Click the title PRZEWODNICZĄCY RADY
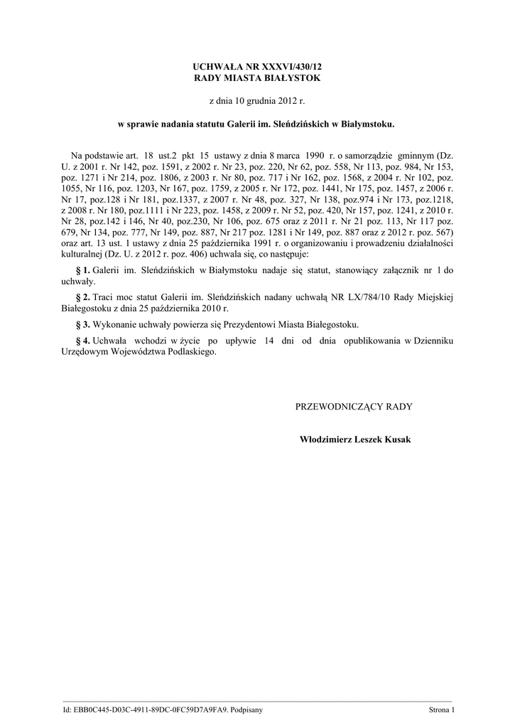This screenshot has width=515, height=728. point(353,406)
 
